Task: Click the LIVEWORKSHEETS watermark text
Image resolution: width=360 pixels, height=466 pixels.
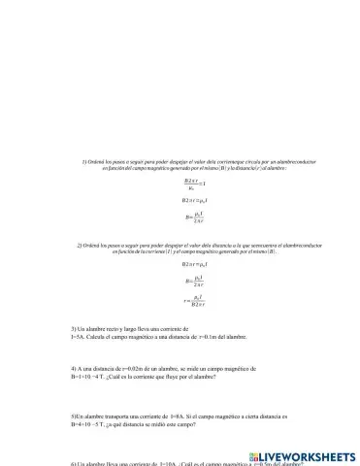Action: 308,454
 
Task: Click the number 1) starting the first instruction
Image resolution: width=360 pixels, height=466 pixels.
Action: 84,160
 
